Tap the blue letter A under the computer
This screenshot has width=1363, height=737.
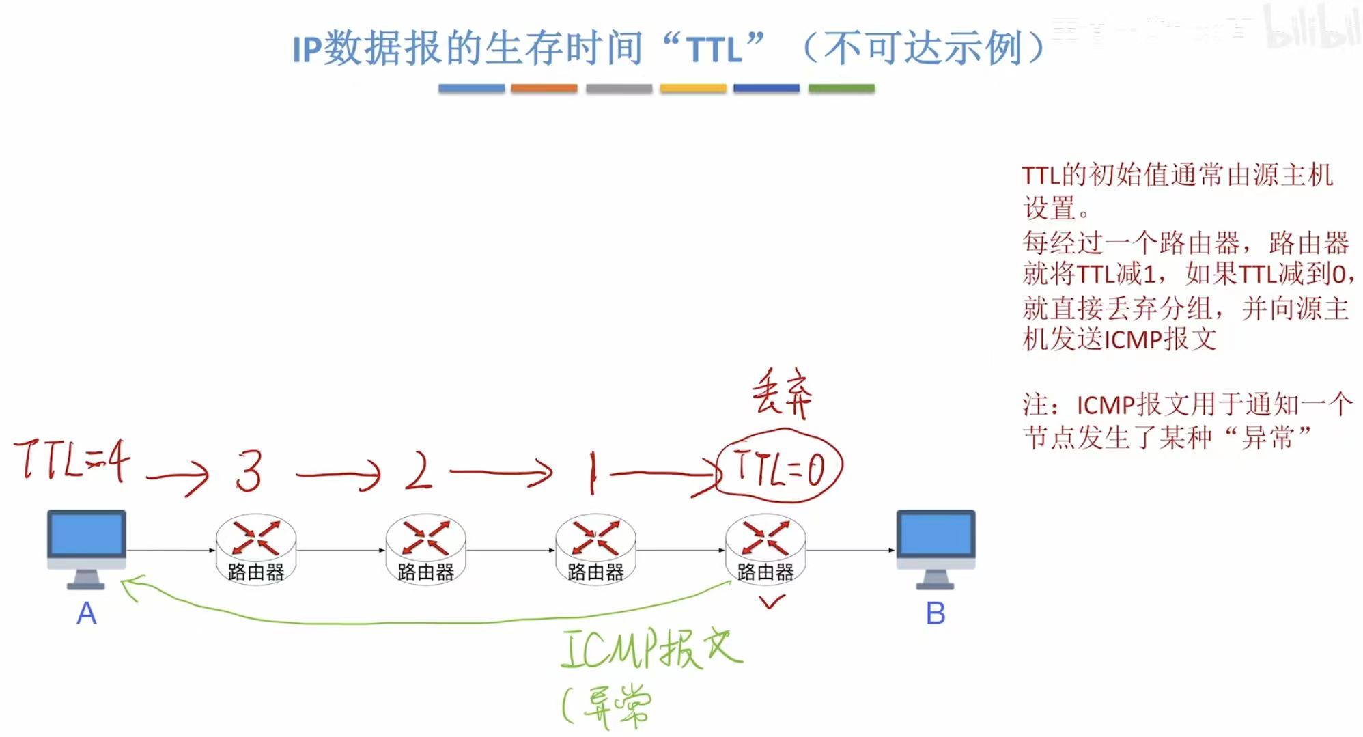tap(87, 613)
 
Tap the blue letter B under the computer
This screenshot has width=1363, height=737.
tap(936, 613)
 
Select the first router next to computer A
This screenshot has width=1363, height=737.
tap(256, 549)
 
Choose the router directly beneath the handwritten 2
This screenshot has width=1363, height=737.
tap(425, 549)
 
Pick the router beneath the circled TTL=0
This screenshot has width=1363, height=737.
tap(765, 549)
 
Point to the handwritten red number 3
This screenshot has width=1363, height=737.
tap(249, 471)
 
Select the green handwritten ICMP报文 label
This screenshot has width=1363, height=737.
tap(651, 648)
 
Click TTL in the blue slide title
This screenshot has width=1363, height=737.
tap(714, 50)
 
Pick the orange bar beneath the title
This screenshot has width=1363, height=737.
tap(544, 88)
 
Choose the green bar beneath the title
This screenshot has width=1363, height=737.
tap(841, 88)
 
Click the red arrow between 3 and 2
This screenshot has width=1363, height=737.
tap(339, 473)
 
